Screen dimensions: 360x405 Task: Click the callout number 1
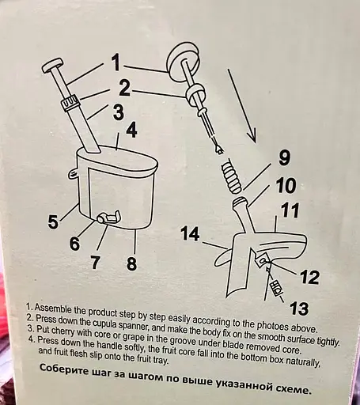pos(115,62)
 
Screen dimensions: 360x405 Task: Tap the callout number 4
pos(131,130)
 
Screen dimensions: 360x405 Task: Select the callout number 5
pos(53,221)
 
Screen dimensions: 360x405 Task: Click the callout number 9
pos(284,157)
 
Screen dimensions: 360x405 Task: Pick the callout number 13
pos(299,308)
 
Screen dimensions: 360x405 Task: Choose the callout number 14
pos(190,234)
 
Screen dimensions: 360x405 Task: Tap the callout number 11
pos(290,210)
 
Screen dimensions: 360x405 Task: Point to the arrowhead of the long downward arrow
pos(252,136)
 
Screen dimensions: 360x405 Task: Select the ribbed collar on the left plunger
pos(70,103)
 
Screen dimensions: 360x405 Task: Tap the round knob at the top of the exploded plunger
pos(183,60)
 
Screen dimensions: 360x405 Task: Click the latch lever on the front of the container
pos(109,217)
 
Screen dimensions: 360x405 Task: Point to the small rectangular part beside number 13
pos(277,288)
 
